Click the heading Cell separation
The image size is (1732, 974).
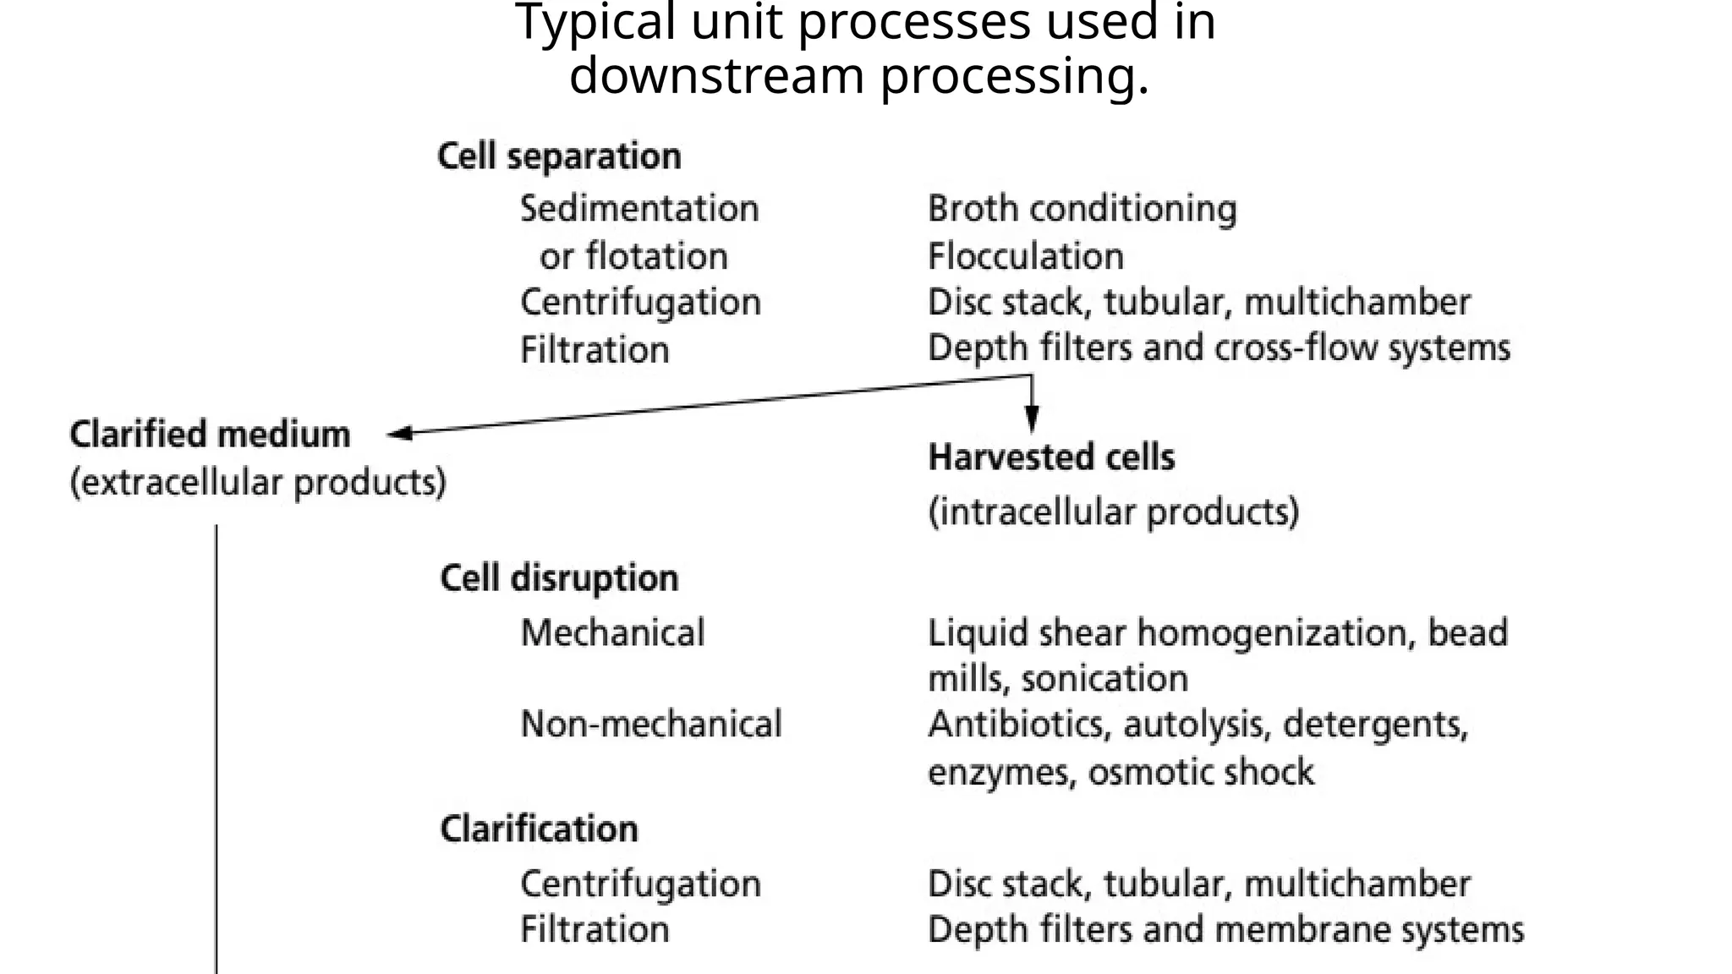[559, 157]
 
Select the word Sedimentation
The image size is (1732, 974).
[639, 209]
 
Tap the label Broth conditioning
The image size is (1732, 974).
[1082, 209]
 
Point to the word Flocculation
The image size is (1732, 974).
[1025, 256]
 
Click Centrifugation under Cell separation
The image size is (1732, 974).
[640, 303]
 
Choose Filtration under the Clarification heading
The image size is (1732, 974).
[595, 929]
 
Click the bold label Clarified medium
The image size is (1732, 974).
[210, 435]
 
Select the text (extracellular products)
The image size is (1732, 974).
[258, 483]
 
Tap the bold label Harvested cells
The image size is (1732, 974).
[1051, 457]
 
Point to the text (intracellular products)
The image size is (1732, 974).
[1113, 512]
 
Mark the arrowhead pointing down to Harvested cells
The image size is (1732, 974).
[1031, 419]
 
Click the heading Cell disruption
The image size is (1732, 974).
[559, 579]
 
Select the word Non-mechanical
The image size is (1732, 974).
[651, 725]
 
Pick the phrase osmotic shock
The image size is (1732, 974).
[1201, 772]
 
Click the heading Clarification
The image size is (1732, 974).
[539, 829]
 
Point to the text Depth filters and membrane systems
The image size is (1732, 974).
[1225, 929]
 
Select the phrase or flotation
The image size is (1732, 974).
[633, 256]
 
